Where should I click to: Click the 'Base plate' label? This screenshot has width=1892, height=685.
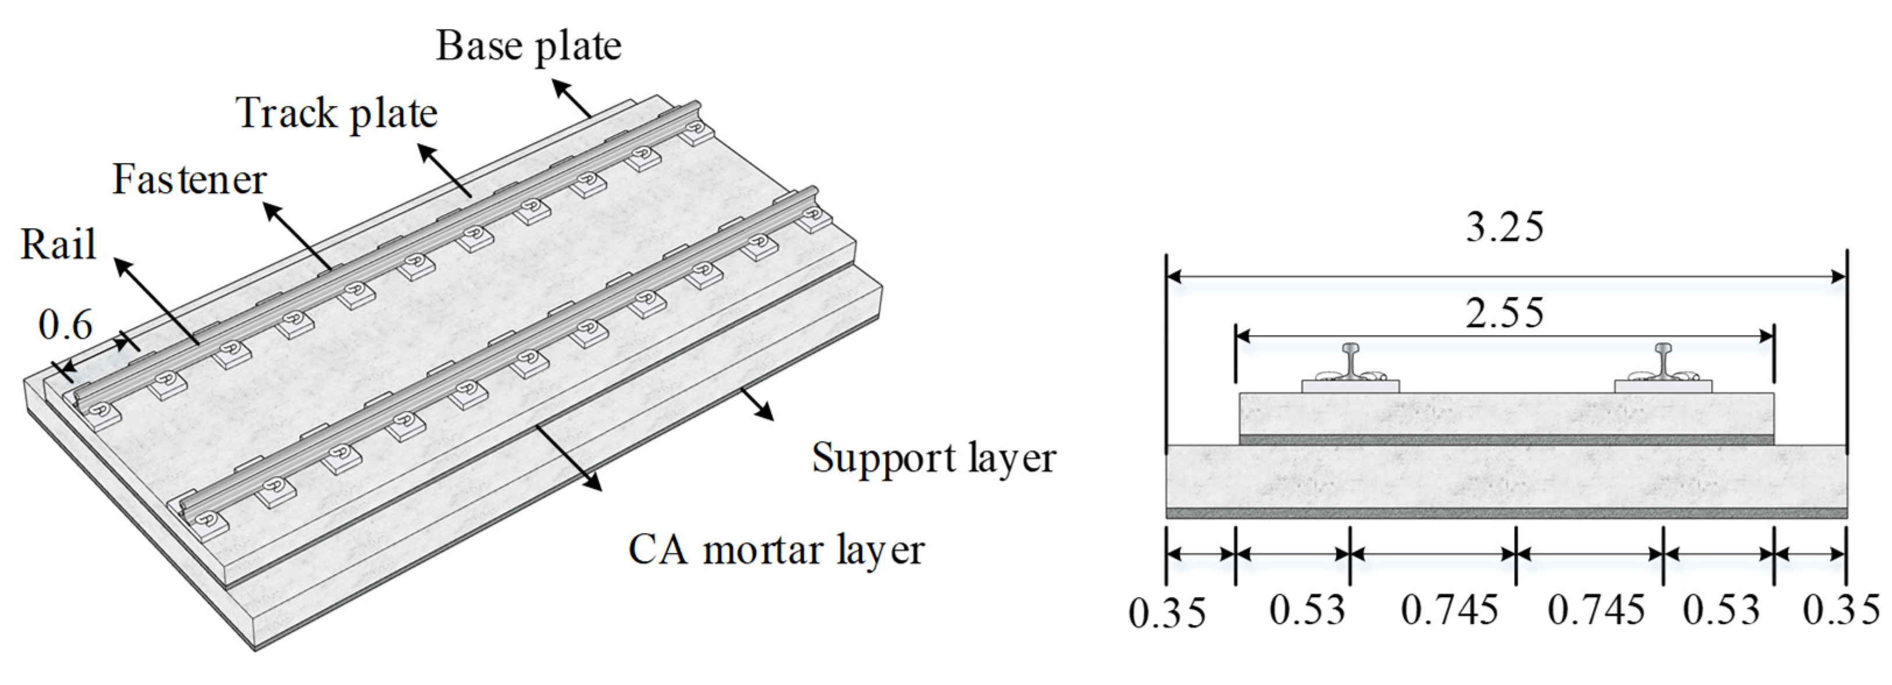pyautogui.click(x=529, y=45)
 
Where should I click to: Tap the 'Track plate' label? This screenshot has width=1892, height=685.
pyautogui.click(x=337, y=114)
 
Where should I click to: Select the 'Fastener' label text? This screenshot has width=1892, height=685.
pyautogui.click(x=189, y=180)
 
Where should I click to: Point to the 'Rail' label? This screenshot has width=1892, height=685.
pyautogui.click(x=58, y=245)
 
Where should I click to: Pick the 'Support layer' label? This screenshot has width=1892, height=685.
pyautogui.click(x=933, y=458)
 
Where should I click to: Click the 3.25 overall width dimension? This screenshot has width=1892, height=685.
pyautogui.click(x=1505, y=227)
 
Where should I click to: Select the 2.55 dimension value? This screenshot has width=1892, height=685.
pyautogui.click(x=1505, y=314)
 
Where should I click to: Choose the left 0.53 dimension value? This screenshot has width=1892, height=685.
pyautogui.click(x=1307, y=610)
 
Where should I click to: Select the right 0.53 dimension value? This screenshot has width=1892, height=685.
pyautogui.click(x=1721, y=610)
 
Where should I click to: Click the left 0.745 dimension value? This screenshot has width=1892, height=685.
pyautogui.click(x=1449, y=610)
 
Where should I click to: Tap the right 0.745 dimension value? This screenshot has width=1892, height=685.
pyautogui.click(x=1596, y=610)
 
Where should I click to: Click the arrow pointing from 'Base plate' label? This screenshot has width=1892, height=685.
pyautogui.click(x=572, y=99)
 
